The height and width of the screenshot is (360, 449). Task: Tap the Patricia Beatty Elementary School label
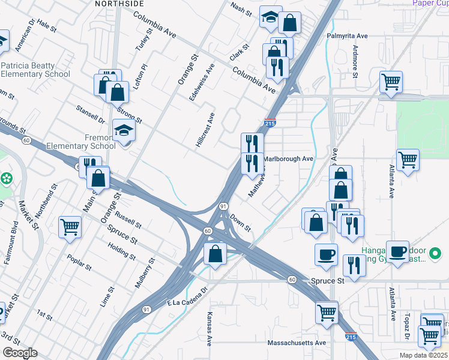(x=35, y=70)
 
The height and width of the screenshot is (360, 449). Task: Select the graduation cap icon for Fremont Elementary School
(x=125, y=131)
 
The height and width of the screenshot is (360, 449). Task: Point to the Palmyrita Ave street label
(x=347, y=36)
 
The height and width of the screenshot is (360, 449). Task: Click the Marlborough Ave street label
(x=289, y=159)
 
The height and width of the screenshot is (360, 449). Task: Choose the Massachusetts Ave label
(x=297, y=343)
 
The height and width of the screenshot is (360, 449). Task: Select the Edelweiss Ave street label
(x=201, y=83)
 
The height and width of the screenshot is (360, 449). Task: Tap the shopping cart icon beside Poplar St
(x=70, y=227)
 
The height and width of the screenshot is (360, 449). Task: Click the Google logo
(x=20, y=352)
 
